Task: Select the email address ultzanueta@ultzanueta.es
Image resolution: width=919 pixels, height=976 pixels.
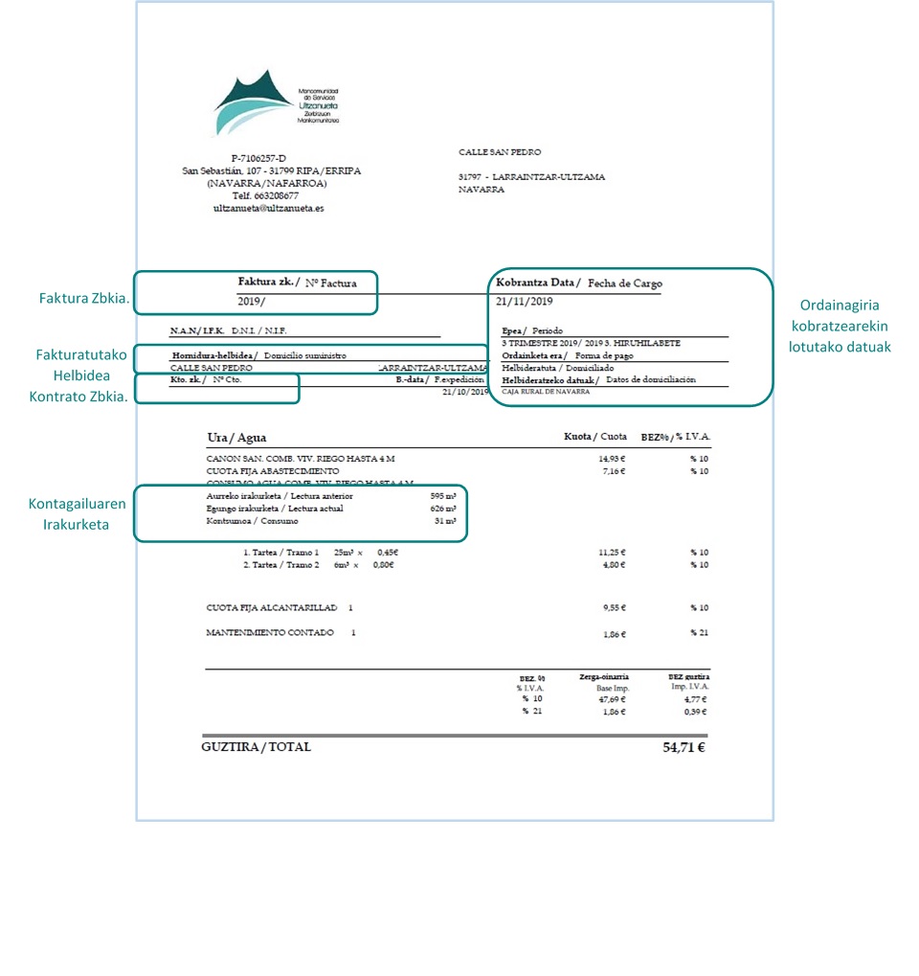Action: [268, 208]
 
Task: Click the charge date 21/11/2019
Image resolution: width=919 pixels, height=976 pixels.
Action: [525, 302]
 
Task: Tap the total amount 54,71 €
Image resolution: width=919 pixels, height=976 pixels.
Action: [684, 747]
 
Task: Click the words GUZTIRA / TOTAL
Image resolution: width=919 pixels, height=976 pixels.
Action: [257, 747]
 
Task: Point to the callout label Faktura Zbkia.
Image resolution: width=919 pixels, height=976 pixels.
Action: [83, 299]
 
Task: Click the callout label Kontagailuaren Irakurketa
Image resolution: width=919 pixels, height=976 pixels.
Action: [76, 516]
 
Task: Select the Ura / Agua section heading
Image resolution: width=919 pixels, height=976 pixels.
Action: [236, 438]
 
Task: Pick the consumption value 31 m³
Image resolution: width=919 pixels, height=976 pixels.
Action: [444, 521]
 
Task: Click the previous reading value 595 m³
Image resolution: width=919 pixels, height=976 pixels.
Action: [443, 496]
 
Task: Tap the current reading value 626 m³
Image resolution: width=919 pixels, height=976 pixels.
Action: [443, 509]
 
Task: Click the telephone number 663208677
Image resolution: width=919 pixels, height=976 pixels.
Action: [270, 195]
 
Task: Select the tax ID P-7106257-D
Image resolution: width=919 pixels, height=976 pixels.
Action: [258, 158]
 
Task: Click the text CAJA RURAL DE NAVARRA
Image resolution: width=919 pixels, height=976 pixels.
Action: [546, 392]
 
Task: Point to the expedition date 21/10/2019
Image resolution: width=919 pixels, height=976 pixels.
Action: [462, 392]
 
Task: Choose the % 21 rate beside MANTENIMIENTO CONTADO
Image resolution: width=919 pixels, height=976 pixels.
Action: [699, 633]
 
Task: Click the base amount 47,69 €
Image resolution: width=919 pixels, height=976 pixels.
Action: [611, 699]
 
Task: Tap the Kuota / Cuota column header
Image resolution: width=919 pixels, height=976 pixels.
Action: [594, 437]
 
